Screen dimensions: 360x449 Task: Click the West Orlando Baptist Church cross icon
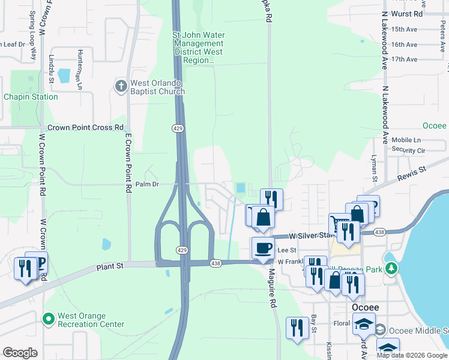coord(120,86)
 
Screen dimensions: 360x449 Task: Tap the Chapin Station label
coord(31,97)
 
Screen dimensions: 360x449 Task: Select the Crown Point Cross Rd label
coord(85,128)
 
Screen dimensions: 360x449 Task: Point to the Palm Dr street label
coord(147,184)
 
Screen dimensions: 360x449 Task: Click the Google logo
coord(20,353)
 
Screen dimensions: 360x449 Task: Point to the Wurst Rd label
coord(407,13)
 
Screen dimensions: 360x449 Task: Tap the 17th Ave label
coord(403,59)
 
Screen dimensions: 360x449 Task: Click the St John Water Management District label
coord(198,48)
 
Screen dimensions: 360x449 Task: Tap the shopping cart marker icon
coord(339,223)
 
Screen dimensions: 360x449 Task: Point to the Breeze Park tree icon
coord(391,268)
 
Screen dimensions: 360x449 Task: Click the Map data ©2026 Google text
coord(412,355)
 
